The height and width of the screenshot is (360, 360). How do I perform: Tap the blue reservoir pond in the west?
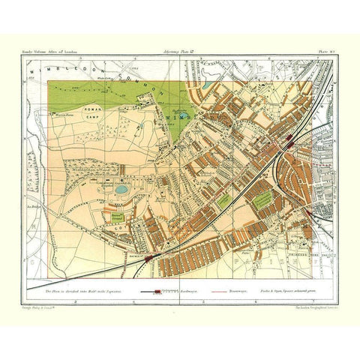pos(121,190)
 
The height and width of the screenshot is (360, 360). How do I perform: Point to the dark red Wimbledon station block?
pos(289,141)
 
